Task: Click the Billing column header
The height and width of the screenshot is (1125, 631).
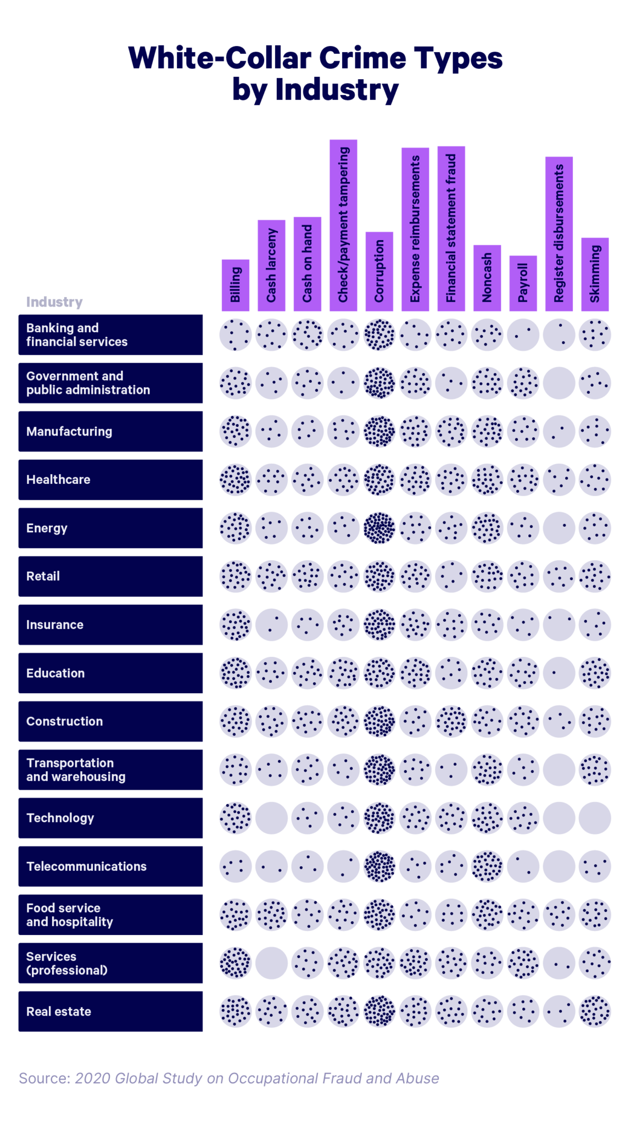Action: [x=236, y=285]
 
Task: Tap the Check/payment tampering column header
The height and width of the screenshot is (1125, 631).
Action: [x=343, y=225]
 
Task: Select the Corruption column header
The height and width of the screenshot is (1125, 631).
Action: [x=379, y=271]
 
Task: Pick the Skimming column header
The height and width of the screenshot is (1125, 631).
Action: [x=595, y=274]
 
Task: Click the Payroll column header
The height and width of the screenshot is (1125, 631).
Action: [x=523, y=283]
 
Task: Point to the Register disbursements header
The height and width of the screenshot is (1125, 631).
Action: [x=559, y=233]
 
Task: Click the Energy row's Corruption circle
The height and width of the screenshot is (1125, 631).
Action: [x=379, y=528]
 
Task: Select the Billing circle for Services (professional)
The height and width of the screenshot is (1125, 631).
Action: [x=236, y=963]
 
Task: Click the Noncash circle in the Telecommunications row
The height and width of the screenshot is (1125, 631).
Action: [x=487, y=866]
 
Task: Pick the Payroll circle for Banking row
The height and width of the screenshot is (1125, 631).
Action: [x=523, y=335]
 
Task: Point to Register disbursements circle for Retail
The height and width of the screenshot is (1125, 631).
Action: [x=559, y=576]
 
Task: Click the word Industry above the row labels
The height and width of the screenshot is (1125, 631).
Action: [x=54, y=302]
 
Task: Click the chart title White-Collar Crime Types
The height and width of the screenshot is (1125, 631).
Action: [x=315, y=59]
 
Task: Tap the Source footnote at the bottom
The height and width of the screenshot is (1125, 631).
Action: [x=228, y=1078]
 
